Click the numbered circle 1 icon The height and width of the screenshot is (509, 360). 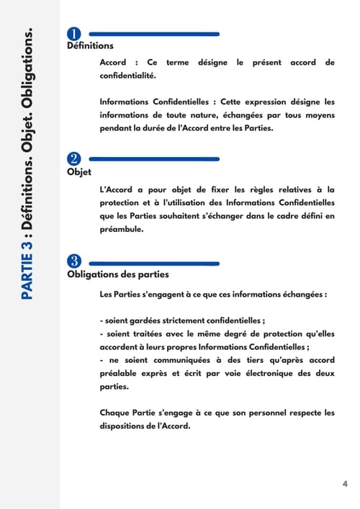click(73, 35)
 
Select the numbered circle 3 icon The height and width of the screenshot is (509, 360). click(73, 261)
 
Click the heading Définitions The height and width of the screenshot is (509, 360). click(84, 46)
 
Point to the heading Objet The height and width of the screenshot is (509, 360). click(74, 171)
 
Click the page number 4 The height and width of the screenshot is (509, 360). click(344, 483)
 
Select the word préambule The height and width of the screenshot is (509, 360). click(122, 230)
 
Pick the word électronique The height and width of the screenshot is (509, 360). click(256, 373)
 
